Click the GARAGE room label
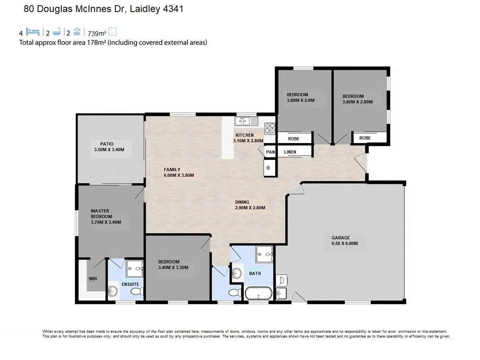(341, 238)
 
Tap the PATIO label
(107, 144)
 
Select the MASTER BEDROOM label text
(101, 214)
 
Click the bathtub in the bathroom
(258, 293)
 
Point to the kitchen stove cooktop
(270, 128)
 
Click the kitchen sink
(246, 121)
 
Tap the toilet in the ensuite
(137, 291)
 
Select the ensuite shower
(135, 269)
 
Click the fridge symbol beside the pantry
(268, 168)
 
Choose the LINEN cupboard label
(290, 152)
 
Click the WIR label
(93, 279)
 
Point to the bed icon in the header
(33, 32)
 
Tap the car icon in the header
(77, 32)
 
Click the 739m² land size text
(97, 33)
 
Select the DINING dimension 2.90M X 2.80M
(250, 208)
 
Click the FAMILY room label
(172, 170)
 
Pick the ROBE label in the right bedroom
(365, 138)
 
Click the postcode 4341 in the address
(173, 9)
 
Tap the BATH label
(255, 273)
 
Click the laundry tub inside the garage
(281, 293)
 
